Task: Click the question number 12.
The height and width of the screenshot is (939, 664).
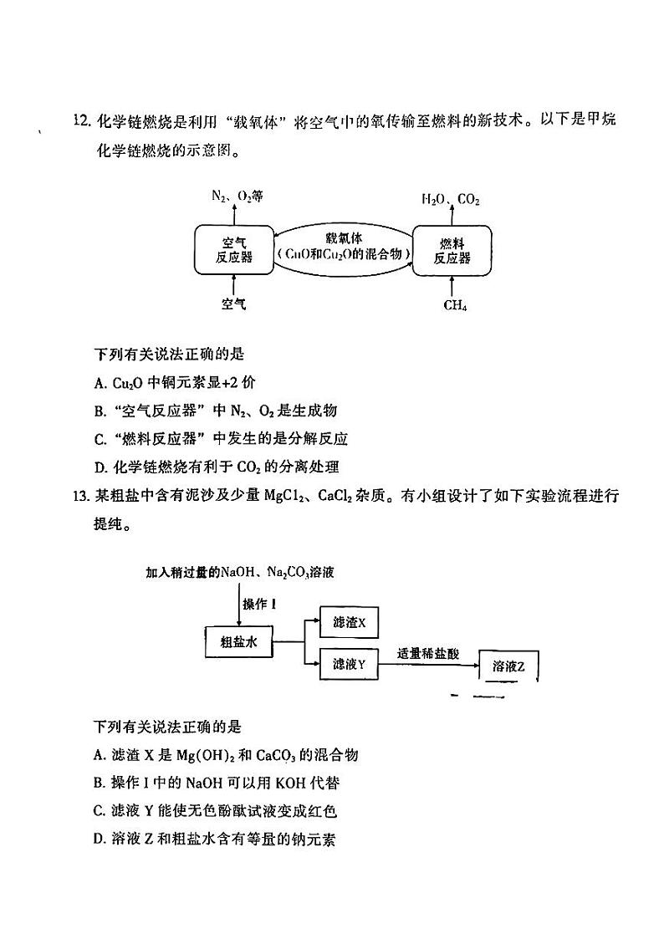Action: tap(81, 120)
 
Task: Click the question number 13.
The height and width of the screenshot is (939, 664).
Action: tap(81, 496)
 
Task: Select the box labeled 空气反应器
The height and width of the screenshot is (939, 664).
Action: tap(233, 249)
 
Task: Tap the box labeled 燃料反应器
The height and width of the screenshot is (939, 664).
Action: tap(452, 249)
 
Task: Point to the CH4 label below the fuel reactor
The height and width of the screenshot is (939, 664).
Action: tap(455, 305)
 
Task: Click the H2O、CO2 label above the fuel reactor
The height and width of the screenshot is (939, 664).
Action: tap(451, 199)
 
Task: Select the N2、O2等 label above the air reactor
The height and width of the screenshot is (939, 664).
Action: tap(238, 196)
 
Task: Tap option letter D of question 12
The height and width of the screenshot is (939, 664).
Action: tap(100, 467)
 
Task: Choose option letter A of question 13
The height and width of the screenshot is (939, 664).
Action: tap(100, 755)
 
